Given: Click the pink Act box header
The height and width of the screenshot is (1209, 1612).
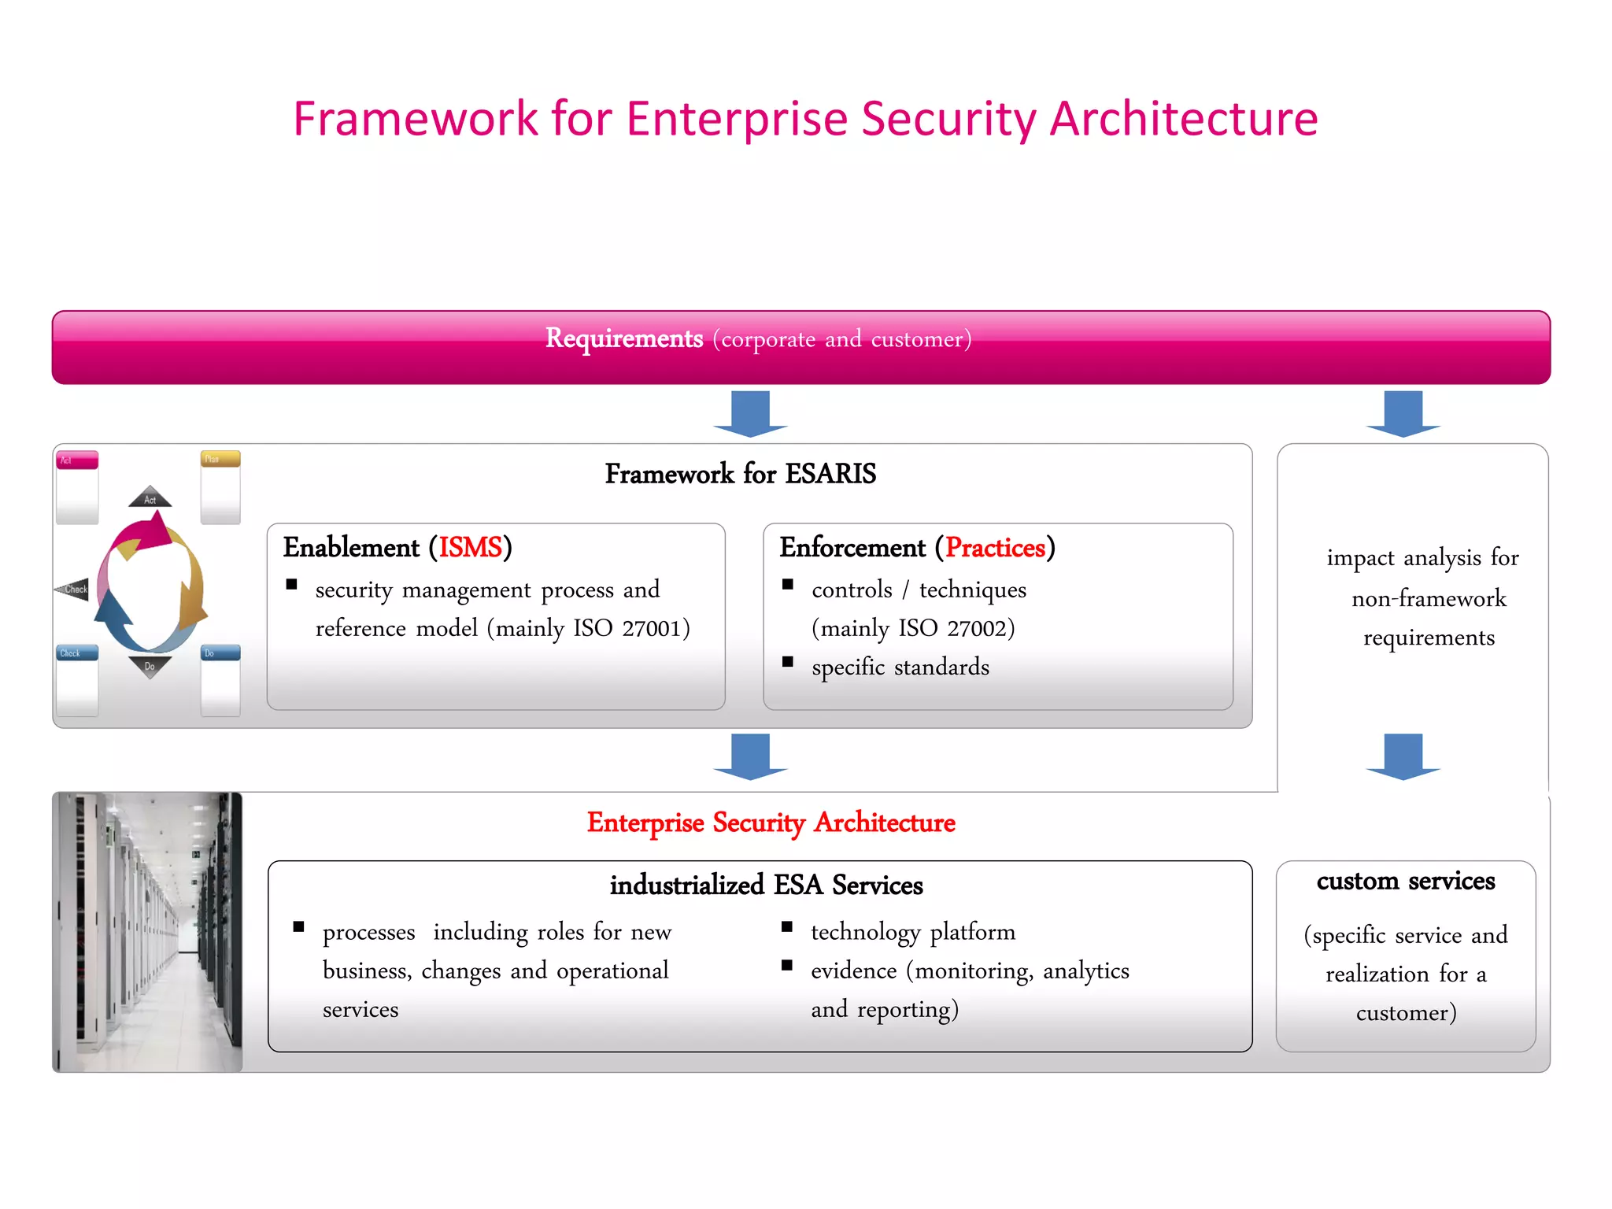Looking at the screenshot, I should [x=77, y=460].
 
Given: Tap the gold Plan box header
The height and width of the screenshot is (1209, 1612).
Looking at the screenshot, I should [x=220, y=459].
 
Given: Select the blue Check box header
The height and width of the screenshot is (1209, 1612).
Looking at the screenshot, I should [x=77, y=653].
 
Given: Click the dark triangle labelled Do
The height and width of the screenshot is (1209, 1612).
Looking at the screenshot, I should [x=150, y=666].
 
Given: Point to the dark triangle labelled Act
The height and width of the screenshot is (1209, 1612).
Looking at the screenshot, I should [x=150, y=498].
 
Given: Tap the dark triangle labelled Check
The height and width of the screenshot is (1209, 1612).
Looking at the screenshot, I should [x=73, y=589].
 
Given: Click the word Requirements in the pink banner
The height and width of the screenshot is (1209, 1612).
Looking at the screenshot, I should [x=624, y=338].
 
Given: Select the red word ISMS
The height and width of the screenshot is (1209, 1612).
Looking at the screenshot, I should [x=470, y=547].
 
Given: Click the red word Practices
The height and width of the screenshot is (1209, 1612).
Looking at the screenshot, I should [x=995, y=547].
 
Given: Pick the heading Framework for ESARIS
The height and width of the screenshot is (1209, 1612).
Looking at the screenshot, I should [x=740, y=474].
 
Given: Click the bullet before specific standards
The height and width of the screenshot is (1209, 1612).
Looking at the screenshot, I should [x=788, y=662].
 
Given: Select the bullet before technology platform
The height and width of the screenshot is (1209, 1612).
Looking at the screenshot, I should [x=787, y=926].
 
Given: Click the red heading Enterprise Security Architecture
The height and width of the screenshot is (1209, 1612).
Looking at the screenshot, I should [x=771, y=823].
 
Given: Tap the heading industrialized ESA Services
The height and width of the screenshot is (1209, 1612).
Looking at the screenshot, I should [x=766, y=885].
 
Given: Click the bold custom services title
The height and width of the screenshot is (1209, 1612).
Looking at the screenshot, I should [x=1406, y=881].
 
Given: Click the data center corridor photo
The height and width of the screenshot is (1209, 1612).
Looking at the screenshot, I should [x=148, y=932].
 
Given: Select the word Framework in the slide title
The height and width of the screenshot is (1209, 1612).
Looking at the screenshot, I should [x=415, y=120].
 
